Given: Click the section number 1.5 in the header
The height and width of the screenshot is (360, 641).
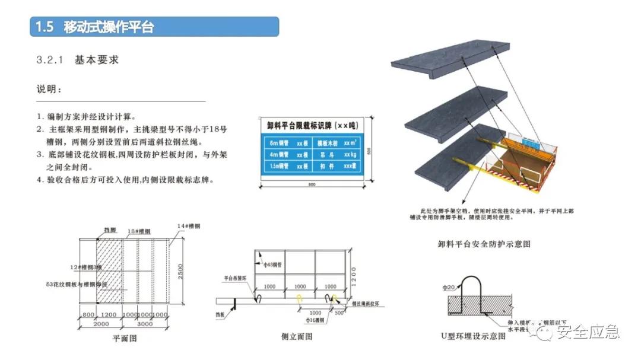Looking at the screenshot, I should coord(45,27).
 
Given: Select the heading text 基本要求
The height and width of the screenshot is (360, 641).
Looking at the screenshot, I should coord(97,60).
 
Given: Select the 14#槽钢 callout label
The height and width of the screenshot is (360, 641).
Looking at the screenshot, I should coord(189,227).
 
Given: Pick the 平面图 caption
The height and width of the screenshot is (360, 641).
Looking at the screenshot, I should coord(125,339).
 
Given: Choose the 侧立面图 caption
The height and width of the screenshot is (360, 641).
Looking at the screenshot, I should coord(297,337).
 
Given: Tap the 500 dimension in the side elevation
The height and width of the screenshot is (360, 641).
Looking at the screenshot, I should coord(338,313).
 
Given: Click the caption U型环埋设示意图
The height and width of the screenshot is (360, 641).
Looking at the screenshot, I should coord(473,336).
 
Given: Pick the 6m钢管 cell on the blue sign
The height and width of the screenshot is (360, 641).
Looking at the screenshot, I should coord(279,143).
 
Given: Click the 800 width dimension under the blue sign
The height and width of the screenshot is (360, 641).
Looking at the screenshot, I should coord(312,186).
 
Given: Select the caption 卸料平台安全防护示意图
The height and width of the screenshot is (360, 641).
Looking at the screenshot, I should coord(484,244).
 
